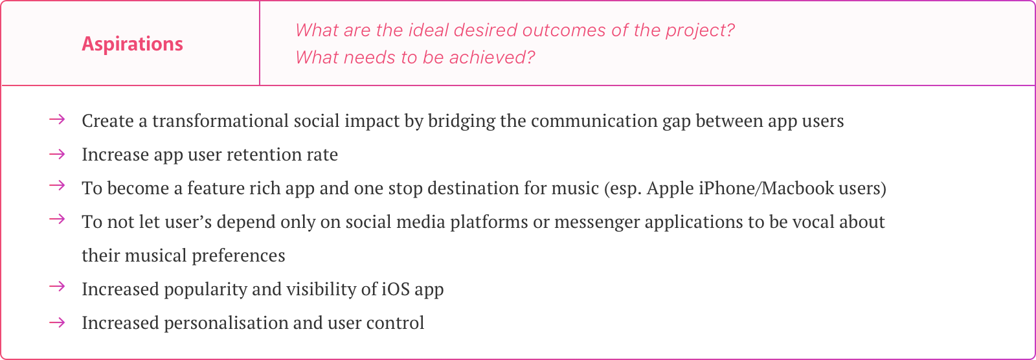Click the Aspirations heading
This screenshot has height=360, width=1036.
point(132,44)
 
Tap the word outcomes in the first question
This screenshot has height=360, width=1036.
point(563,30)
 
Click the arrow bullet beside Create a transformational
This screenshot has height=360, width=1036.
point(57,120)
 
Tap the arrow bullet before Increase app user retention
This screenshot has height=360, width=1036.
point(57,153)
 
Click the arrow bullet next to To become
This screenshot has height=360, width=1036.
point(57,186)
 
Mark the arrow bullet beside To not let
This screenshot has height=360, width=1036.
point(57,219)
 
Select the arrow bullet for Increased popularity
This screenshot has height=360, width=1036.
point(57,286)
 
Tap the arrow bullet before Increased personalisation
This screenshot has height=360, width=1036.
point(57,322)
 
